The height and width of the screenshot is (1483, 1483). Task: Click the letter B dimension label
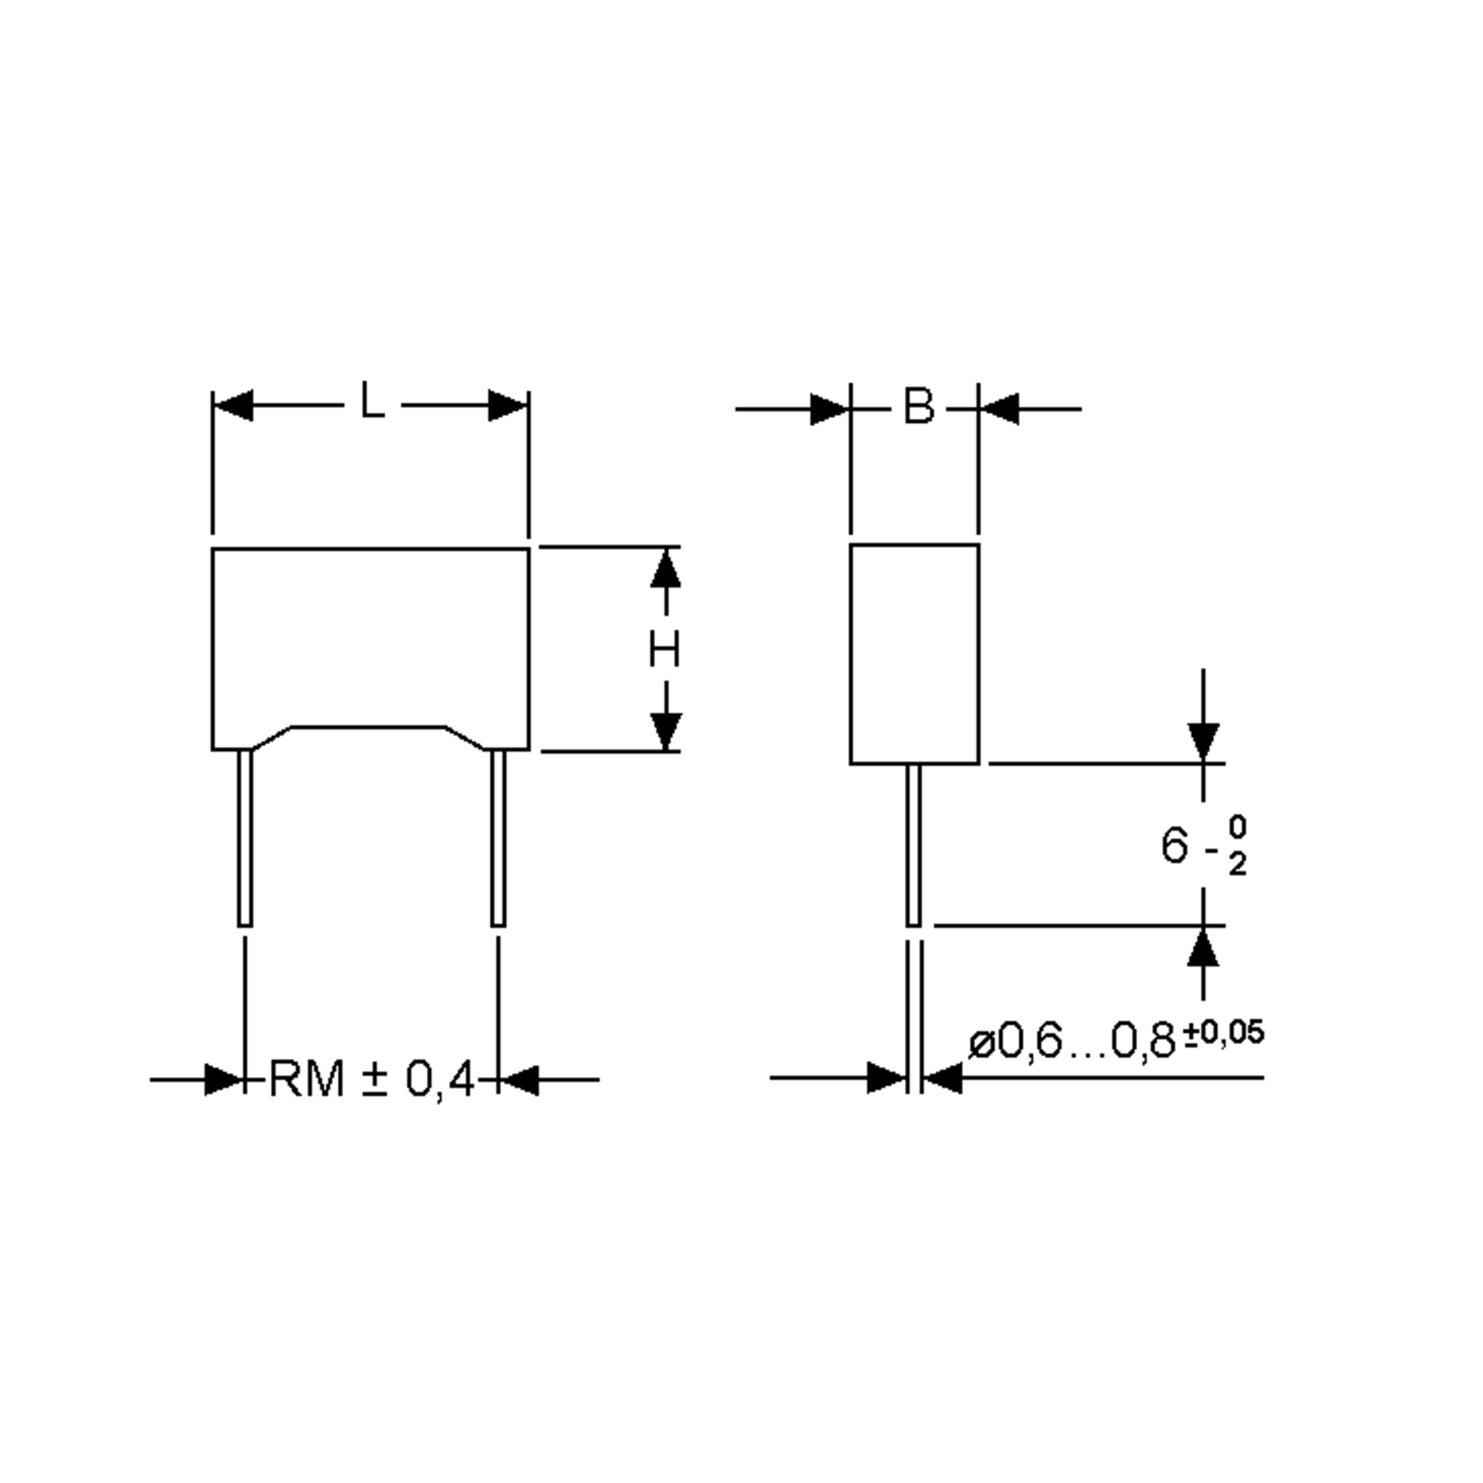coord(919,406)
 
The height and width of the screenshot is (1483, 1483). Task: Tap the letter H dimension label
coord(664,649)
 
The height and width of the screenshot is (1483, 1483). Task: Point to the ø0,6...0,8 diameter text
coord(1072,1042)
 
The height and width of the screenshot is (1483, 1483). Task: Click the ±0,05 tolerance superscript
coord(1223,1033)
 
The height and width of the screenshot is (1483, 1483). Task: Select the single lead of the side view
coord(913,844)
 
